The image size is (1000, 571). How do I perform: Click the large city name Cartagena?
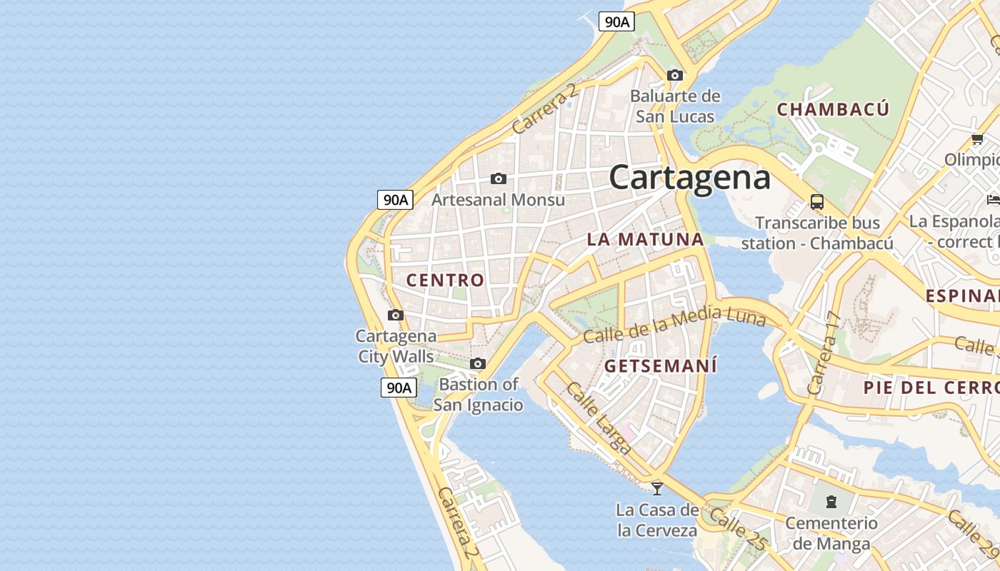pyautogui.click(x=689, y=177)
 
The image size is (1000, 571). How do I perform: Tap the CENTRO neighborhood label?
pyautogui.click(x=445, y=281)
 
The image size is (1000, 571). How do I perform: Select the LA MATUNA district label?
pyautogui.click(x=645, y=240)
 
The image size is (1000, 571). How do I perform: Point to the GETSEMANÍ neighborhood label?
pyautogui.click(x=661, y=366)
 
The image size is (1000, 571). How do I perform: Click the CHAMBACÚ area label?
pyautogui.click(x=833, y=110)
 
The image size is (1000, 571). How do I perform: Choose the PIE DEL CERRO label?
pyautogui.click(x=931, y=388)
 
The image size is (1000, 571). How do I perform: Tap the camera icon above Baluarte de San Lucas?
pyautogui.click(x=674, y=75)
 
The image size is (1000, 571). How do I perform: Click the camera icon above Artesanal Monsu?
pyautogui.click(x=499, y=178)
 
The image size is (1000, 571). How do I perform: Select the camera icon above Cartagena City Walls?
pyautogui.click(x=395, y=315)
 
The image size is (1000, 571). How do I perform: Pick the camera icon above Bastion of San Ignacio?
pyautogui.click(x=478, y=364)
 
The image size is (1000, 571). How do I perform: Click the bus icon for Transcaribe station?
pyautogui.click(x=817, y=202)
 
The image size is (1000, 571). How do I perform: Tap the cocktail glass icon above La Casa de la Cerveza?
pyautogui.click(x=657, y=489)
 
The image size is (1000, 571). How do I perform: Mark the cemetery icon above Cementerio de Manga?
pyautogui.click(x=831, y=502)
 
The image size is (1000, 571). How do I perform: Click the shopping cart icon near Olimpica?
pyautogui.click(x=977, y=139)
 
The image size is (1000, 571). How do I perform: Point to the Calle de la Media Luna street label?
pyautogui.click(x=674, y=325)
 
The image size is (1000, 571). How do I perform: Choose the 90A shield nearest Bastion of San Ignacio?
pyautogui.click(x=398, y=388)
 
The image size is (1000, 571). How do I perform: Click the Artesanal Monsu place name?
pyautogui.click(x=498, y=200)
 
